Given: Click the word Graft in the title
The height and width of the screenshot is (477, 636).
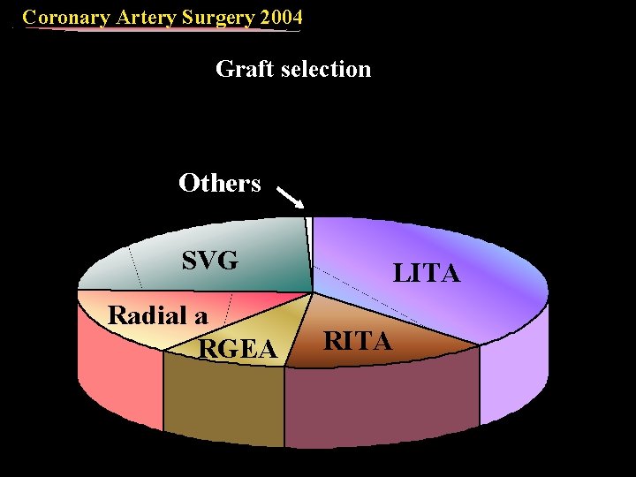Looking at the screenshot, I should (x=241, y=68).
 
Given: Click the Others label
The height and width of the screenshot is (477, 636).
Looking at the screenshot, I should (x=219, y=183).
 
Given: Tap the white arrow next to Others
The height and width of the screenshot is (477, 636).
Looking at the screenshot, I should (x=291, y=196).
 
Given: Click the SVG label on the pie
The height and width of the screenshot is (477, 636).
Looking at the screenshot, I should (x=209, y=261).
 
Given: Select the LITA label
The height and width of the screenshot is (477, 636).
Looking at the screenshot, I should (x=427, y=274).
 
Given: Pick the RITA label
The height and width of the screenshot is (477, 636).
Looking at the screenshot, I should (x=358, y=340).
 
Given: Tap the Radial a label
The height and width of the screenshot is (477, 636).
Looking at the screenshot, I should (x=157, y=315).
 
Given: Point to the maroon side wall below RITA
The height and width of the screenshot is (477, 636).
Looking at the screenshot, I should (x=380, y=406).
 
